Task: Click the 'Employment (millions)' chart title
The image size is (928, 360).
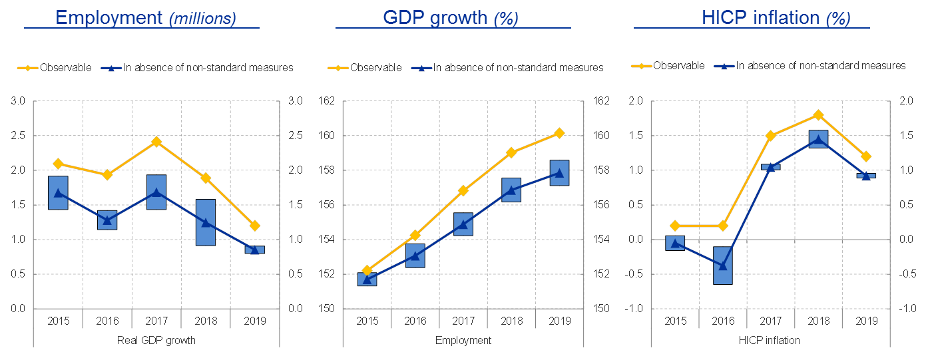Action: [x=145, y=17]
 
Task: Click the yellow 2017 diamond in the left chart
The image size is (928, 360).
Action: [x=156, y=142]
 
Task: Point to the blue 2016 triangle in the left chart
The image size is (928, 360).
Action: [x=107, y=220]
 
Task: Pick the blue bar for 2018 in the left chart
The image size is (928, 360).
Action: [x=205, y=222]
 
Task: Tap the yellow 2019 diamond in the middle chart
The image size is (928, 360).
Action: [x=559, y=133]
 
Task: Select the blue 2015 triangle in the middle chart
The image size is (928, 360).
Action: [x=367, y=279]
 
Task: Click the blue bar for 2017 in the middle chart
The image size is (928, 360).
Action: [x=463, y=224]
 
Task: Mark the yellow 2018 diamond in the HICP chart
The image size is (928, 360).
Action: [x=818, y=115]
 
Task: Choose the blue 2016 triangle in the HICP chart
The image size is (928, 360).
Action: [x=723, y=266]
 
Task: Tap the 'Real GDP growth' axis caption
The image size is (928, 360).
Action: [x=156, y=341]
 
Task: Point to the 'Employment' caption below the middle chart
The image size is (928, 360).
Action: [x=463, y=341]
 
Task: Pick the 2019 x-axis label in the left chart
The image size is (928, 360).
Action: [x=253, y=322]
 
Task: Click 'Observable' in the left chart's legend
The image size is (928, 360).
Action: [x=65, y=67]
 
